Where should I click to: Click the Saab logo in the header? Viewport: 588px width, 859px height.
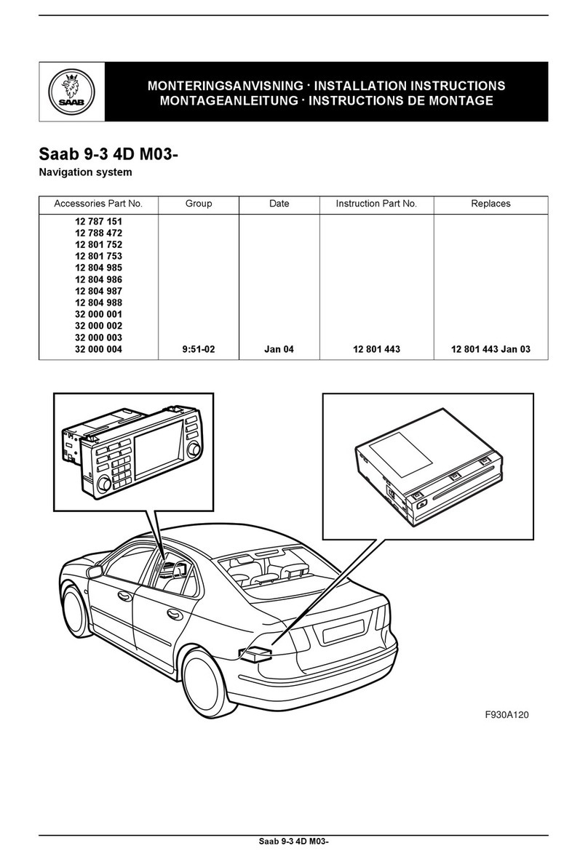point(71,92)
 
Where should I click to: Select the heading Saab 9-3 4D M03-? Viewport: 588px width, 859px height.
point(108,155)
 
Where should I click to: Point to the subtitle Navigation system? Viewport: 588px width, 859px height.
point(85,172)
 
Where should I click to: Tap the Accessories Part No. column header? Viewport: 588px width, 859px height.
point(98,204)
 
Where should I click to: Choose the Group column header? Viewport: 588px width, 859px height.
point(199,204)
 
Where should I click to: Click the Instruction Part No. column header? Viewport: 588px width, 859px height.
point(376,204)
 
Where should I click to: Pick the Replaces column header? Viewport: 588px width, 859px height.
point(490,204)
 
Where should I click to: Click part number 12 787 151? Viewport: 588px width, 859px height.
point(98,221)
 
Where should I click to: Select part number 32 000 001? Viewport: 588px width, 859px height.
point(98,314)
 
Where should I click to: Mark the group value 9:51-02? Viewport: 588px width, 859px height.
point(199,349)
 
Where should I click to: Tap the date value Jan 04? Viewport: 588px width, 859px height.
point(279,349)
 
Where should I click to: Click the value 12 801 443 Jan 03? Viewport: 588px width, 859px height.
point(490,349)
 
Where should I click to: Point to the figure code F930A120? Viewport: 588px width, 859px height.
point(507,714)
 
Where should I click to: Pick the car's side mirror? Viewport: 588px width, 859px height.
point(95,572)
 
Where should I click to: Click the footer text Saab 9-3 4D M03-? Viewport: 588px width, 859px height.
point(294,842)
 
